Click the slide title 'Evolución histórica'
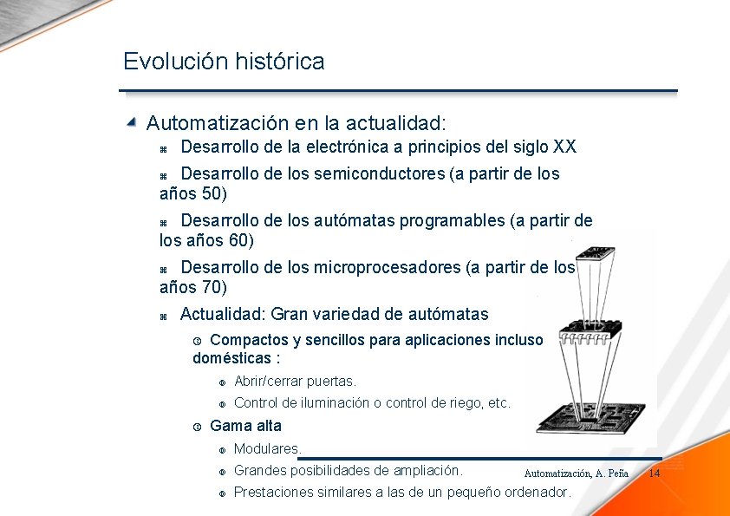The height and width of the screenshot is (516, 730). pyautogui.click(x=224, y=62)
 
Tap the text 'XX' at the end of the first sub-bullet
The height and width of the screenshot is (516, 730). pyautogui.click(x=564, y=147)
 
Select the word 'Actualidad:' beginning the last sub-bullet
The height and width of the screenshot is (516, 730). pyautogui.click(x=223, y=314)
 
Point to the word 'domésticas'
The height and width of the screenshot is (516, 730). pyautogui.click(x=231, y=358)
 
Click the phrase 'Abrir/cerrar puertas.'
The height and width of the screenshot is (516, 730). pyautogui.click(x=295, y=381)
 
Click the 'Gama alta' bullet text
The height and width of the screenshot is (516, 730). pyautogui.click(x=245, y=426)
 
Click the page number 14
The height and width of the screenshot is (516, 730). pyautogui.click(x=655, y=473)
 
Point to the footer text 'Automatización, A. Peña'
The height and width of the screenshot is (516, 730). pyautogui.click(x=576, y=474)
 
